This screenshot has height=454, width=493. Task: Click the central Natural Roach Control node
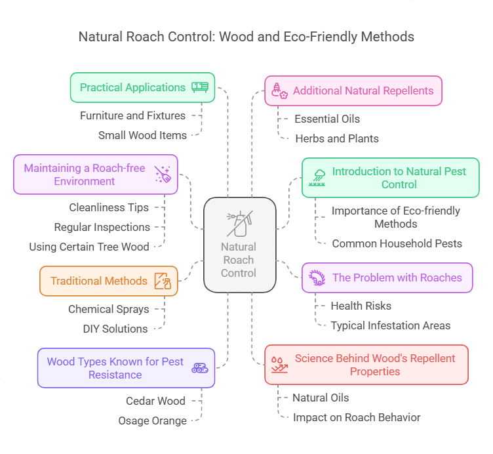[x=239, y=244]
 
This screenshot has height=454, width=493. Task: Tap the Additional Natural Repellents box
[x=353, y=91]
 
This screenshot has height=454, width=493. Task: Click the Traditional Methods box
[x=108, y=281]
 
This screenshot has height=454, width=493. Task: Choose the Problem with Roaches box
[x=387, y=278]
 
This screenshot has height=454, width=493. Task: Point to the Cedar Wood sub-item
[x=155, y=401]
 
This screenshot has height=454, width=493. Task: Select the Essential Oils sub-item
[x=327, y=119]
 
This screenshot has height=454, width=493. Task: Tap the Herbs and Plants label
[x=337, y=138]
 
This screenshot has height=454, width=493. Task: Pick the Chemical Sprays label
[x=109, y=309]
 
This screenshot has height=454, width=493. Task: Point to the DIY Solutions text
[x=115, y=328]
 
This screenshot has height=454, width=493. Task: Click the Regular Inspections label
[x=102, y=227]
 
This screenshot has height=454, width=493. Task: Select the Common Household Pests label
[x=397, y=243]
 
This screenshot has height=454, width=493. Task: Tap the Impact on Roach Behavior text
[x=357, y=417]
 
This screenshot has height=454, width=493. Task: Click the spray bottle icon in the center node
[x=238, y=224]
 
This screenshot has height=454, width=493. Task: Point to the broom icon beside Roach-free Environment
[x=162, y=174]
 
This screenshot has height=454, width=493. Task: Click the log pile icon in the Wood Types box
[x=200, y=368]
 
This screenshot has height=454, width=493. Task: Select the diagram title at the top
[x=246, y=37]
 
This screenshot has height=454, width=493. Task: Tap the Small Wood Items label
[x=142, y=135]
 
